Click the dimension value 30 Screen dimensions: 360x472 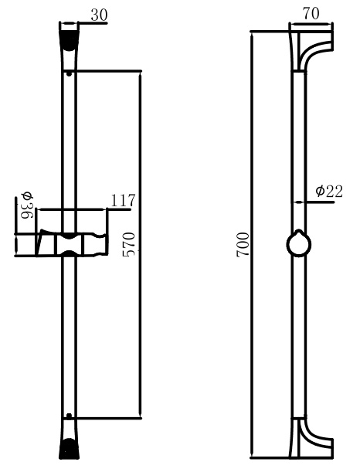[x=99, y=15]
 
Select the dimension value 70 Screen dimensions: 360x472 [x=311, y=14]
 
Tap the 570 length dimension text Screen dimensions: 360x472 [x=128, y=244]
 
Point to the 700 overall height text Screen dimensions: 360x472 [x=243, y=244]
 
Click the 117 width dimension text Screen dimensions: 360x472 [x=123, y=200]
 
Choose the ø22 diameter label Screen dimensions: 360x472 [x=329, y=191]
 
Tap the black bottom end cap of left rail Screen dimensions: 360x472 [x=69, y=449]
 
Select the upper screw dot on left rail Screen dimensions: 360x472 [x=70, y=73]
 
